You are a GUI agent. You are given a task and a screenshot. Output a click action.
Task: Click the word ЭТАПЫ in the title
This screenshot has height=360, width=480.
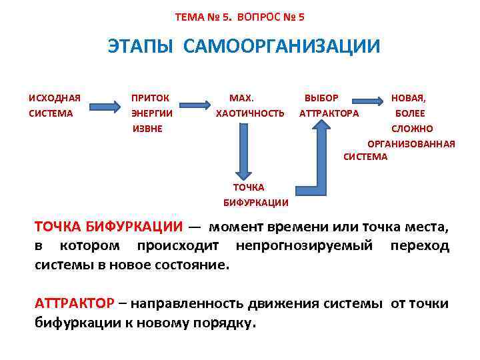click(141, 46)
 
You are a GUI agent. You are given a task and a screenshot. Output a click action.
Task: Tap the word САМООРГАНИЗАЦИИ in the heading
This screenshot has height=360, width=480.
click(280, 46)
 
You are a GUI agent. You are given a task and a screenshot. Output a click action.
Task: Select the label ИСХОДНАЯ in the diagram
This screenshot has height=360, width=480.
click(55, 99)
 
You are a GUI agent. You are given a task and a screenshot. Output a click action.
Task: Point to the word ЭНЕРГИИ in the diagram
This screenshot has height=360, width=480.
click(152, 113)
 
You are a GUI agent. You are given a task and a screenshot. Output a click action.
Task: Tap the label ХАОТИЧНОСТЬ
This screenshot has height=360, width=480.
click(250, 113)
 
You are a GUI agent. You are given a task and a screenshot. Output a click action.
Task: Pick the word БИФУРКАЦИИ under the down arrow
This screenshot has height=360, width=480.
click(255, 203)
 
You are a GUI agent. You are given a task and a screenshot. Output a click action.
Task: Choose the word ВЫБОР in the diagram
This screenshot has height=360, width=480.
click(321, 99)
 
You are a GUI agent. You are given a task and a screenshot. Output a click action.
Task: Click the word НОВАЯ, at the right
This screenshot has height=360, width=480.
click(408, 99)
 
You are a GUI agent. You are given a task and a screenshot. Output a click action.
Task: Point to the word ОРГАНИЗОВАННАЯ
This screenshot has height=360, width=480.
click(411, 143)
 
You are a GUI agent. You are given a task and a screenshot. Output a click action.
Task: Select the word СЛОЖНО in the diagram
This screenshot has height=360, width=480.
click(412, 128)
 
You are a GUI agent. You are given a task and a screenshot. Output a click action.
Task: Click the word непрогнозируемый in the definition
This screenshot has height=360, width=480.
click(304, 246)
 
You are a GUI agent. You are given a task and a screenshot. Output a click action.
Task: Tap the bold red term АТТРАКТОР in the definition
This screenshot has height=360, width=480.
click(74, 304)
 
